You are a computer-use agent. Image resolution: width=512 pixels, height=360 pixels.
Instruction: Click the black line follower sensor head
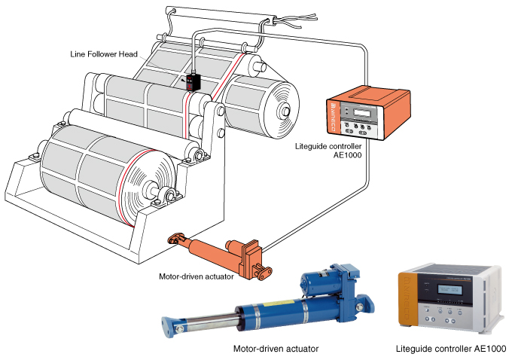click(x=194, y=81)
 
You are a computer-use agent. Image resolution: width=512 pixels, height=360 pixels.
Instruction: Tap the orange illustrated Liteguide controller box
click(x=370, y=113)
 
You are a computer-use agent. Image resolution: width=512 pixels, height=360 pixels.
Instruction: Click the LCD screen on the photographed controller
click(x=450, y=289)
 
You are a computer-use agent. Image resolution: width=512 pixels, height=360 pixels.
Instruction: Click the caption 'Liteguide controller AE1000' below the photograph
click(x=451, y=349)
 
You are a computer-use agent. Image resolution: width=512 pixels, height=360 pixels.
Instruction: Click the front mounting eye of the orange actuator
click(x=174, y=240)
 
